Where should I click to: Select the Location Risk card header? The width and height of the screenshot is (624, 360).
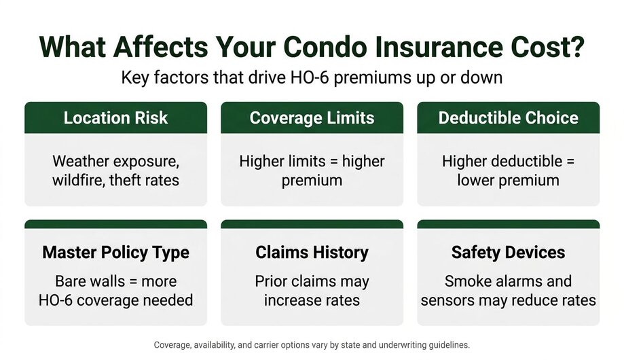[116, 118]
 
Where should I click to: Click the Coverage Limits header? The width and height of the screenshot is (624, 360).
[312, 118]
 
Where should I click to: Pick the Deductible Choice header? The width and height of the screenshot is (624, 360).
[508, 118]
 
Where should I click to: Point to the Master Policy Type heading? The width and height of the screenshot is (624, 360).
[116, 253]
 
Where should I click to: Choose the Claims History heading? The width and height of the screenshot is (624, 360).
[312, 253]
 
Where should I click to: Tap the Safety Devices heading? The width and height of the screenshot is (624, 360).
[508, 253]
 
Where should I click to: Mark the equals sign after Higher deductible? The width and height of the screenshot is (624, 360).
[570, 162]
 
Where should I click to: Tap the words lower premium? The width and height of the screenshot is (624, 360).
[508, 181]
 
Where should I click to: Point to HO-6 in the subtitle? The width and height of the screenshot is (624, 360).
[310, 77]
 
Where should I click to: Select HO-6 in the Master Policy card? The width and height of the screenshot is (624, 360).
[55, 300]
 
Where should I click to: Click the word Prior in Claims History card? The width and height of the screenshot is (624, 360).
[271, 281]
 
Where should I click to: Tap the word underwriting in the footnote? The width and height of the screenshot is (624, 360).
[402, 345]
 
